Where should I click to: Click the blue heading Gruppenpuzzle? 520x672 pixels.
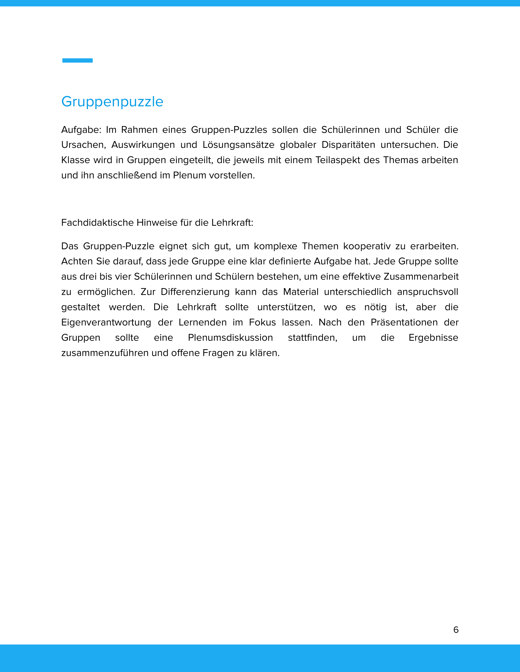(112, 102)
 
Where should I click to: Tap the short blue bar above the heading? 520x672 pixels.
(77, 60)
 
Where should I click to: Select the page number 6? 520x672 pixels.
(456, 630)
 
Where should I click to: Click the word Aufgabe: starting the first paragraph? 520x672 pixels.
(81, 130)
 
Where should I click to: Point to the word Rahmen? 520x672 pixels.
(139, 130)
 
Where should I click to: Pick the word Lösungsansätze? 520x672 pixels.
(239, 145)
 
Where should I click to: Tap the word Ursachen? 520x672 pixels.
(84, 145)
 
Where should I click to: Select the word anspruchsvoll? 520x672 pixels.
(427, 292)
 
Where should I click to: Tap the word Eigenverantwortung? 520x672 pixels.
(106, 322)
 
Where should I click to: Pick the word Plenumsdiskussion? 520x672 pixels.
(230, 338)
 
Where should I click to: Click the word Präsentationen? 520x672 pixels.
(404, 322)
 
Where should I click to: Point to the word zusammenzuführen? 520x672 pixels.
(105, 353)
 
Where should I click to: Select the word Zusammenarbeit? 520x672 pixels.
(421, 277)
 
